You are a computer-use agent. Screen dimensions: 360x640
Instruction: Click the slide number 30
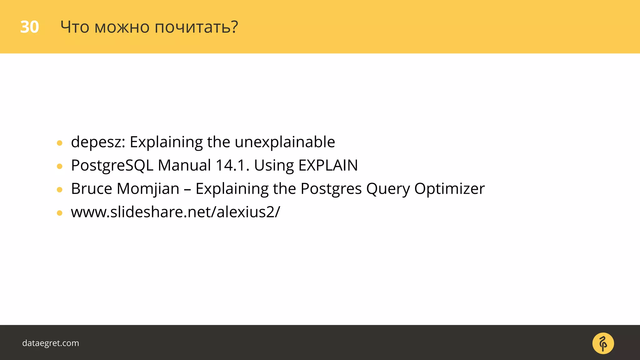coord(29,27)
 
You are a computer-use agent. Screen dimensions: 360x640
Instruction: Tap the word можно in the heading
coord(122,27)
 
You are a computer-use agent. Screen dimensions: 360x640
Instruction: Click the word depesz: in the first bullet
coord(98,142)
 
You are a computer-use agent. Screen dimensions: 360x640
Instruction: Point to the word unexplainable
coord(285,142)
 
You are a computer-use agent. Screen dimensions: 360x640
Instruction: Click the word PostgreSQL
coord(112,166)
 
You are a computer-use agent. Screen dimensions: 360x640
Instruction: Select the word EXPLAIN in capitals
coord(328,165)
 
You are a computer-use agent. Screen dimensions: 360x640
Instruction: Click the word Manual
coord(184,165)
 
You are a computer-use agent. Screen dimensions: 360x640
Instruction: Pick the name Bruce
coord(91,189)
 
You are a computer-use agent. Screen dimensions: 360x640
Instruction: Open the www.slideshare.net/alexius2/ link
coord(175,212)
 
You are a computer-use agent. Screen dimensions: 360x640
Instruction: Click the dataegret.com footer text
coord(51,343)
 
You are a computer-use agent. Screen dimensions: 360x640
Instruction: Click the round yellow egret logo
coord(603,343)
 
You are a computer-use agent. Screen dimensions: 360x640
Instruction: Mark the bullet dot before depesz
coord(60,143)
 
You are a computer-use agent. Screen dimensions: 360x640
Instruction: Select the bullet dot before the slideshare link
coord(60,213)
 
